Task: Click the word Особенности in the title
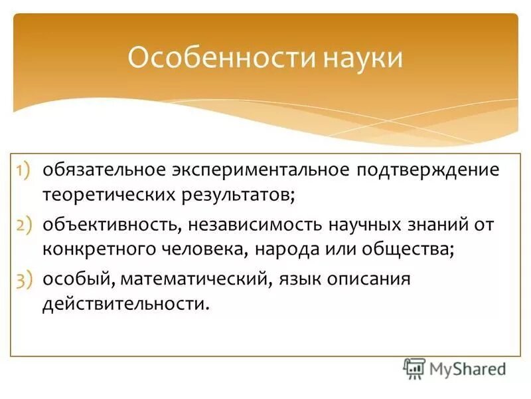220,57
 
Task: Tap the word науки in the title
363,57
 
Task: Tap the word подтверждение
428,169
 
